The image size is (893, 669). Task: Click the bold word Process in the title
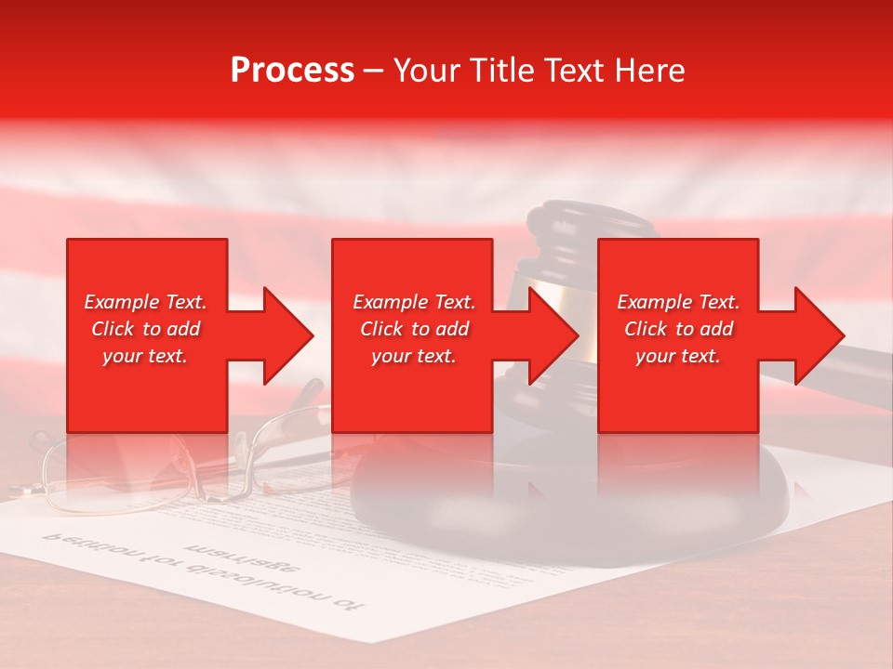[x=292, y=71]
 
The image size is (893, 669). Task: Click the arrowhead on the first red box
[x=284, y=335]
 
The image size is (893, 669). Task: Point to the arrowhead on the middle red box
[x=550, y=335]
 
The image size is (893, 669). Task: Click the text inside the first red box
[x=145, y=329]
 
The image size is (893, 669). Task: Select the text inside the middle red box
[x=413, y=329]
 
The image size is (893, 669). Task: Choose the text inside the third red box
[x=678, y=329]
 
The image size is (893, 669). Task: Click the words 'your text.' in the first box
[x=145, y=356]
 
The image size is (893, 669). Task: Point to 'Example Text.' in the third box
[x=678, y=302]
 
